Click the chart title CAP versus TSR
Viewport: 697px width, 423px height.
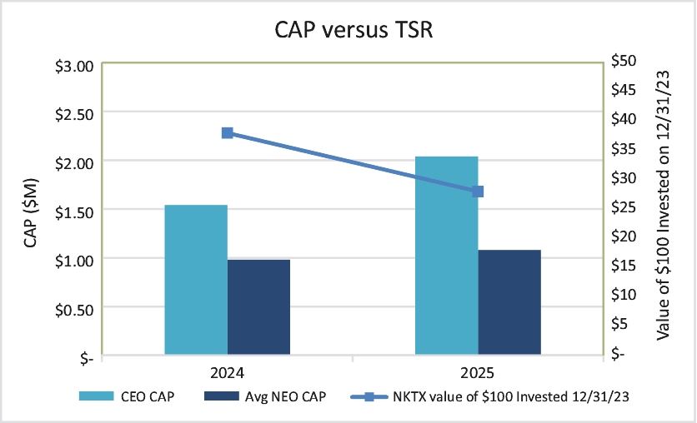click(354, 30)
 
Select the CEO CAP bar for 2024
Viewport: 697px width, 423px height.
click(196, 280)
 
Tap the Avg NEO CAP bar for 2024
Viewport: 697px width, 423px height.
click(258, 307)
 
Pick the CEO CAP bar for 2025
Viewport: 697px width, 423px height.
click(447, 256)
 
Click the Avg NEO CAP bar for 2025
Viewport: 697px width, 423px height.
click(509, 302)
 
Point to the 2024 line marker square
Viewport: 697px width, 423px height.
click(227, 133)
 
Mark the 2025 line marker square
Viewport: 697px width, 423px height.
click(478, 192)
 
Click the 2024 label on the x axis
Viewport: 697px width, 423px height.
click(227, 373)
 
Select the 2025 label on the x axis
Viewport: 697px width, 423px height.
click(478, 373)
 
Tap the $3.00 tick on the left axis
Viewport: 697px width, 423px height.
click(74, 67)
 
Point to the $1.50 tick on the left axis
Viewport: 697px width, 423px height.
click(74, 212)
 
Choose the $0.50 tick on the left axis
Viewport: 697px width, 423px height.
click(74, 311)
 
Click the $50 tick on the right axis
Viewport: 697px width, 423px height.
click(624, 60)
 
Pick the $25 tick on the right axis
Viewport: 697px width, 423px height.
click(624, 207)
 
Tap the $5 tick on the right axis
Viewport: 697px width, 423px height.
click(619, 324)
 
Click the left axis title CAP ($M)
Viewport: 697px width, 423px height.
click(31, 212)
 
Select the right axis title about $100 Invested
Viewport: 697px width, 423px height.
click(663, 205)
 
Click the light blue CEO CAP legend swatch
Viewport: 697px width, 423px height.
click(97, 396)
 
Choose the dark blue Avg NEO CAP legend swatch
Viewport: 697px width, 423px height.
click(222, 396)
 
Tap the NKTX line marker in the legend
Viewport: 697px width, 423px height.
click(369, 396)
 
